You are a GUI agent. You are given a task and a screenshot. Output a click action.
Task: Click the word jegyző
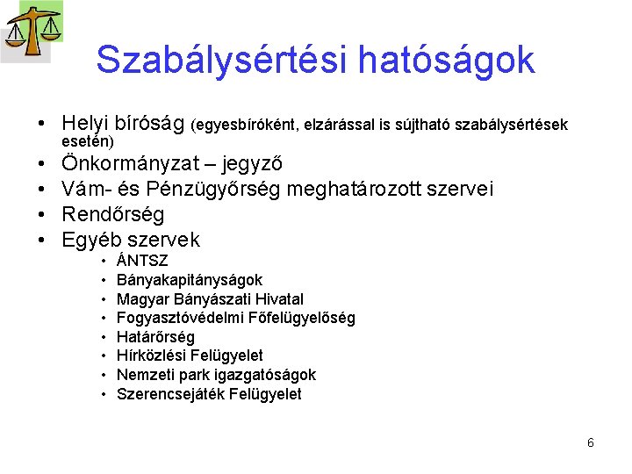[254, 164]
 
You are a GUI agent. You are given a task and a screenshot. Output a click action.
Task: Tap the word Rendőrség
[113, 214]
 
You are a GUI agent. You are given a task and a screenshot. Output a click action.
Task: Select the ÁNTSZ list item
[142, 262]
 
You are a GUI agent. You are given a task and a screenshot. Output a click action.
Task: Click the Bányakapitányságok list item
[189, 280]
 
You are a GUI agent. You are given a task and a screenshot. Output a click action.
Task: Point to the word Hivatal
[274, 299]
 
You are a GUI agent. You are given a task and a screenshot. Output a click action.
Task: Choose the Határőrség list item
[155, 337]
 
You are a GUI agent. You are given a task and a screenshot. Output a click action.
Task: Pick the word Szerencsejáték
[169, 394]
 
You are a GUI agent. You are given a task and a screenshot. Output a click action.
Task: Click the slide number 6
[591, 442]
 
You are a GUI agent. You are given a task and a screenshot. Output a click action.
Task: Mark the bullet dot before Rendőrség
[41, 215]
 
